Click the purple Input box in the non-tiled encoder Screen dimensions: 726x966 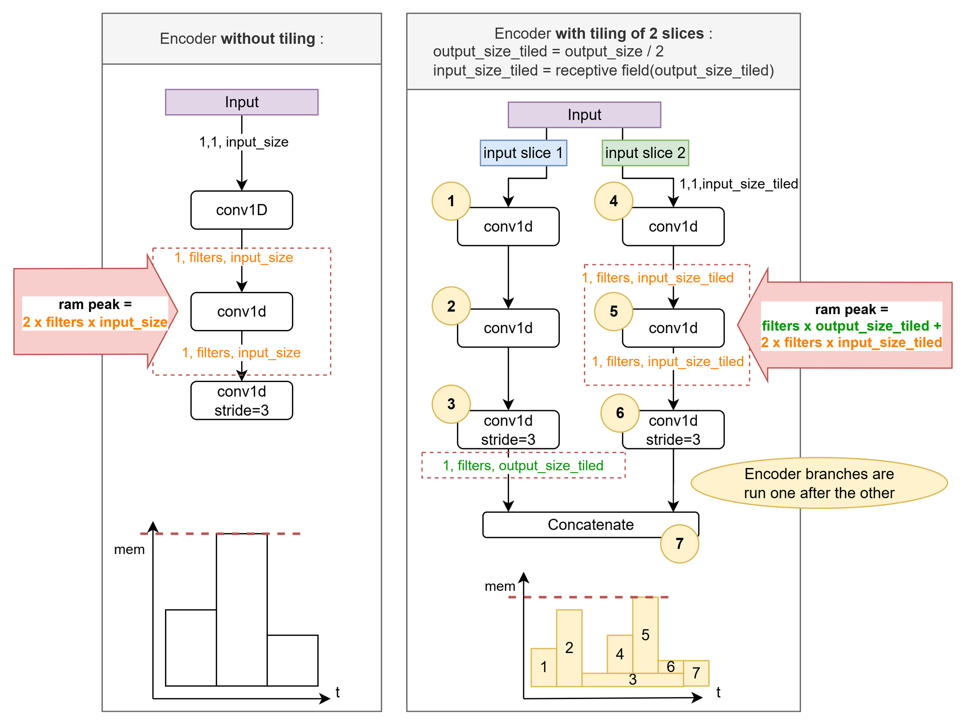[242, 102]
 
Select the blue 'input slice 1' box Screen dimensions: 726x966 [523, 153]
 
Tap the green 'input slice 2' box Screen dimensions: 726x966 [645, 153]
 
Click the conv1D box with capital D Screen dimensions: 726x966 [242, 210]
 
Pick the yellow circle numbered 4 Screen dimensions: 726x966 [613, 201]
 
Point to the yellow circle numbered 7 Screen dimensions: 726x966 [679, 544]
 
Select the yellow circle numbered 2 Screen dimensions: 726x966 [451, 306]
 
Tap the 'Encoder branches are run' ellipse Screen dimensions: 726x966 [819, 483]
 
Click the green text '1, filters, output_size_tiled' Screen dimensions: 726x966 [523, 465]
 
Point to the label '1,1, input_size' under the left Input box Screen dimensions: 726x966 [244, 142]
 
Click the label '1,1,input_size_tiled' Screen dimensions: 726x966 [738, 184]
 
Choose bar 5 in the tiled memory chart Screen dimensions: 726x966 [645, 634]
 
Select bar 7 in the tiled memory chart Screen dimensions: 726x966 [696, 673]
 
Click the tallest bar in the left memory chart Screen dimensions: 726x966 [242, 609]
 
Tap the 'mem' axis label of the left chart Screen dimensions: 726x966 [129, 549]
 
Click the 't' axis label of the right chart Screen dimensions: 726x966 [718, 692]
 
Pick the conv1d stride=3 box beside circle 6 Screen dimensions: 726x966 [673, 430]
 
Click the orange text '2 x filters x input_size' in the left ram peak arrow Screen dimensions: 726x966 [95, 323]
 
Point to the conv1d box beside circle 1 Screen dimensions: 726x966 [508, 227]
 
